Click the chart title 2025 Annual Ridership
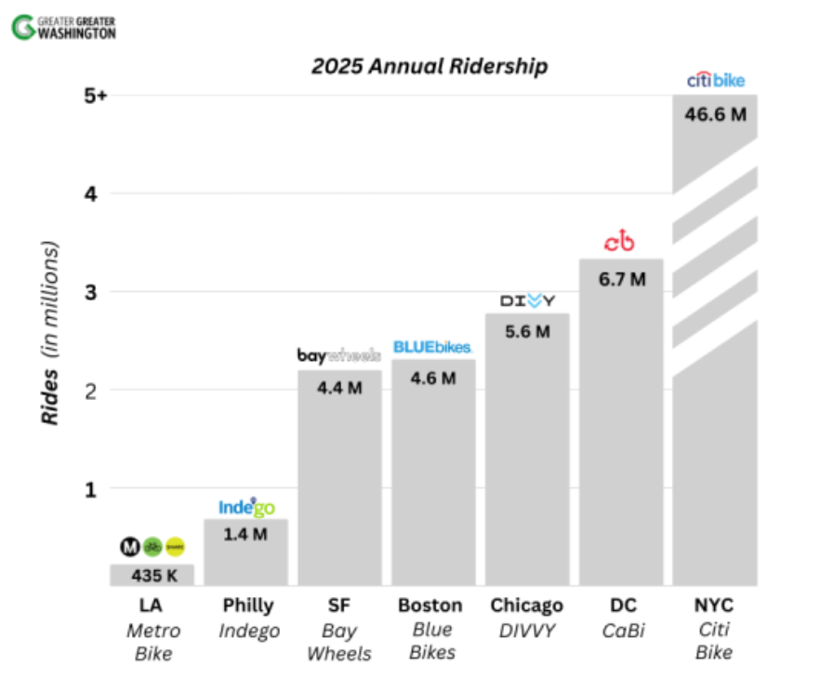429,66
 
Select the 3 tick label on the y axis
91,291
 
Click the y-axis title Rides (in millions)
52,333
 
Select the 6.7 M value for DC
621,278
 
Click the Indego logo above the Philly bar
246,507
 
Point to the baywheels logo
339,355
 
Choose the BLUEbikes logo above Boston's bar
432,347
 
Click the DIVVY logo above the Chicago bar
527,300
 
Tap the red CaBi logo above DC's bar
619,242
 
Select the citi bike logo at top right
716,81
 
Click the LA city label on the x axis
152,606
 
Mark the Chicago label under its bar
527,606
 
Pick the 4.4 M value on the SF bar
339,385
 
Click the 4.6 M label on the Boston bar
432,378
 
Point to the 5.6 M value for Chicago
527,331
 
